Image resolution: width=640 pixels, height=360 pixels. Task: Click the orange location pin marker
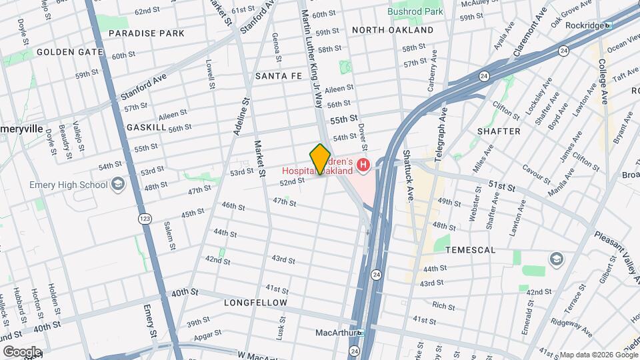320,159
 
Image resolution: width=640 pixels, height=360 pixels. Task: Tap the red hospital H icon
363,164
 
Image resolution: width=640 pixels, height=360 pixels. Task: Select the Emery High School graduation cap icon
118,185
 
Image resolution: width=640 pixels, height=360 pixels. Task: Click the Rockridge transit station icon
607,25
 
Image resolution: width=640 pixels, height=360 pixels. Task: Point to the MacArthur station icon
361,333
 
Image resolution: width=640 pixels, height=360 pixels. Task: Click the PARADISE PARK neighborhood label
146,33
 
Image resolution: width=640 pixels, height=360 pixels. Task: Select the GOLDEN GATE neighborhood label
70,52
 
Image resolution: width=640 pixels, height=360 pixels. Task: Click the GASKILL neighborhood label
146,127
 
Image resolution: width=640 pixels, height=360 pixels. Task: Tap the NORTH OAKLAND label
393,30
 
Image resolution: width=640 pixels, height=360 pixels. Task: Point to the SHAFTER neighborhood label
499,131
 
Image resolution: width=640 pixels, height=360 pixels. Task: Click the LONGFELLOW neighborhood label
255,303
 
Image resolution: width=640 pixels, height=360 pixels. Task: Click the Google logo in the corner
21,351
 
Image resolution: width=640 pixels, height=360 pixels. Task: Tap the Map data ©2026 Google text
598,355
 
